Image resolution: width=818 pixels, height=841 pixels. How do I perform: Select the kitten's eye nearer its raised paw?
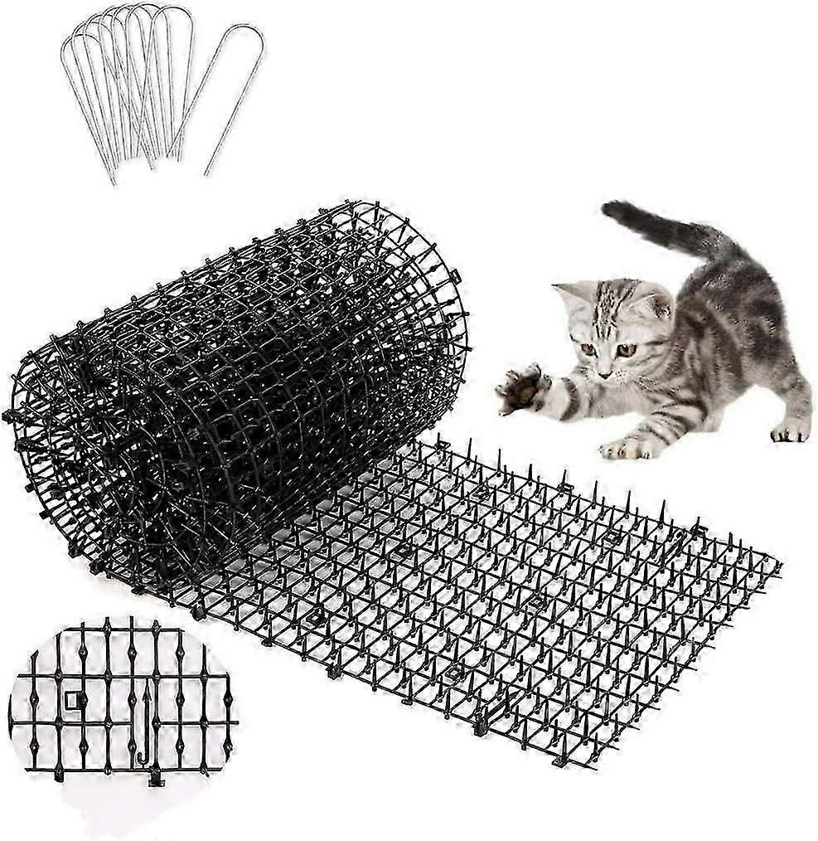[x=588, y=348]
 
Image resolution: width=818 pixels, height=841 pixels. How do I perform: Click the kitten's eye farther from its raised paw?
[x=626, y=350]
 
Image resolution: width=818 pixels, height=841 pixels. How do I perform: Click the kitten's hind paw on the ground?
[x=789, y=430]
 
